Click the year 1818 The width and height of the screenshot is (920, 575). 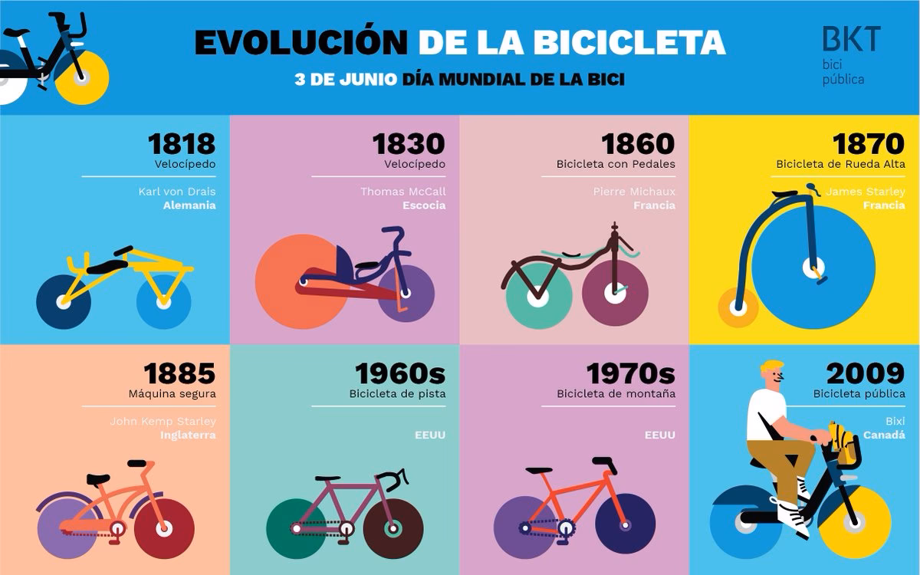pos(182,143)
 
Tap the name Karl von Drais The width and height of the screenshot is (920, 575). pos(181,191)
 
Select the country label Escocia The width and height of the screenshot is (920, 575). pos(424,205)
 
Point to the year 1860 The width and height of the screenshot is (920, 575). pos(638,143)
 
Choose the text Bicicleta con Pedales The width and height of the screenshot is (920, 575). pos(616,164)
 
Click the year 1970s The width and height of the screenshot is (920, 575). pos(630,373)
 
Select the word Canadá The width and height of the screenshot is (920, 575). pos(886,435)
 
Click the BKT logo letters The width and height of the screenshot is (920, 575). pos(851,39)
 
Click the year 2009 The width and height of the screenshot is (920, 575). pos(866,373)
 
